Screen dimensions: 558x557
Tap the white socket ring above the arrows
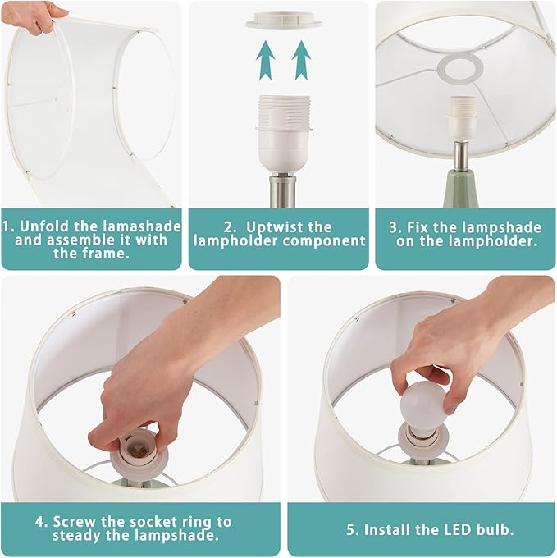[x=281, y=18]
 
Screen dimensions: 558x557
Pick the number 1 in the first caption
[x=7, y=226]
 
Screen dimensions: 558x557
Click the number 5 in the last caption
[x=350, y=529]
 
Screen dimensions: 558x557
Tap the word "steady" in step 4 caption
[x=81, y=537]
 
